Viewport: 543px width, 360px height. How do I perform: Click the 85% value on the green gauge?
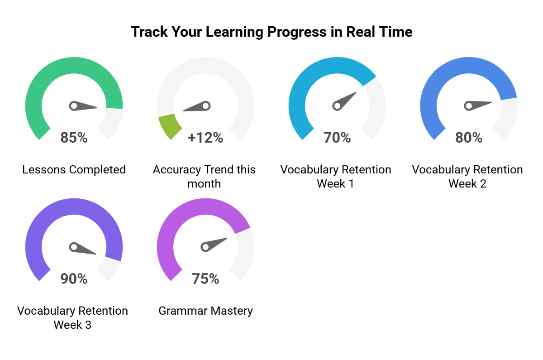click(74, 138)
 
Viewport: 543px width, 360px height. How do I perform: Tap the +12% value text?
click(205, 138)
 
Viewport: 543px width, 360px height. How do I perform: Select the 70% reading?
click(337, 138)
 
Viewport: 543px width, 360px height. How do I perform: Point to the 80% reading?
click(469, 138)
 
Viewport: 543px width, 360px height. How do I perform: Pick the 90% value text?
click(74, 279)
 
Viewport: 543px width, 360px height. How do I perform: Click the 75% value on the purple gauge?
click(205, 279)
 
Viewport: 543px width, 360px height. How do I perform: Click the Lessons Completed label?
click(74, 170)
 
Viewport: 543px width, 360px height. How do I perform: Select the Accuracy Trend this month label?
click(204, 176)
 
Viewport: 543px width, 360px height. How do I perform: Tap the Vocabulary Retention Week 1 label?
click(336, 176)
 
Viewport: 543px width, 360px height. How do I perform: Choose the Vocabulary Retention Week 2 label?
click(467, 176)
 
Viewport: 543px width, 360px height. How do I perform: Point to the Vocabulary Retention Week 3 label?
click(72, 317)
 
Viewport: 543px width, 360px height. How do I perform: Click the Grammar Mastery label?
click(205, 311)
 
